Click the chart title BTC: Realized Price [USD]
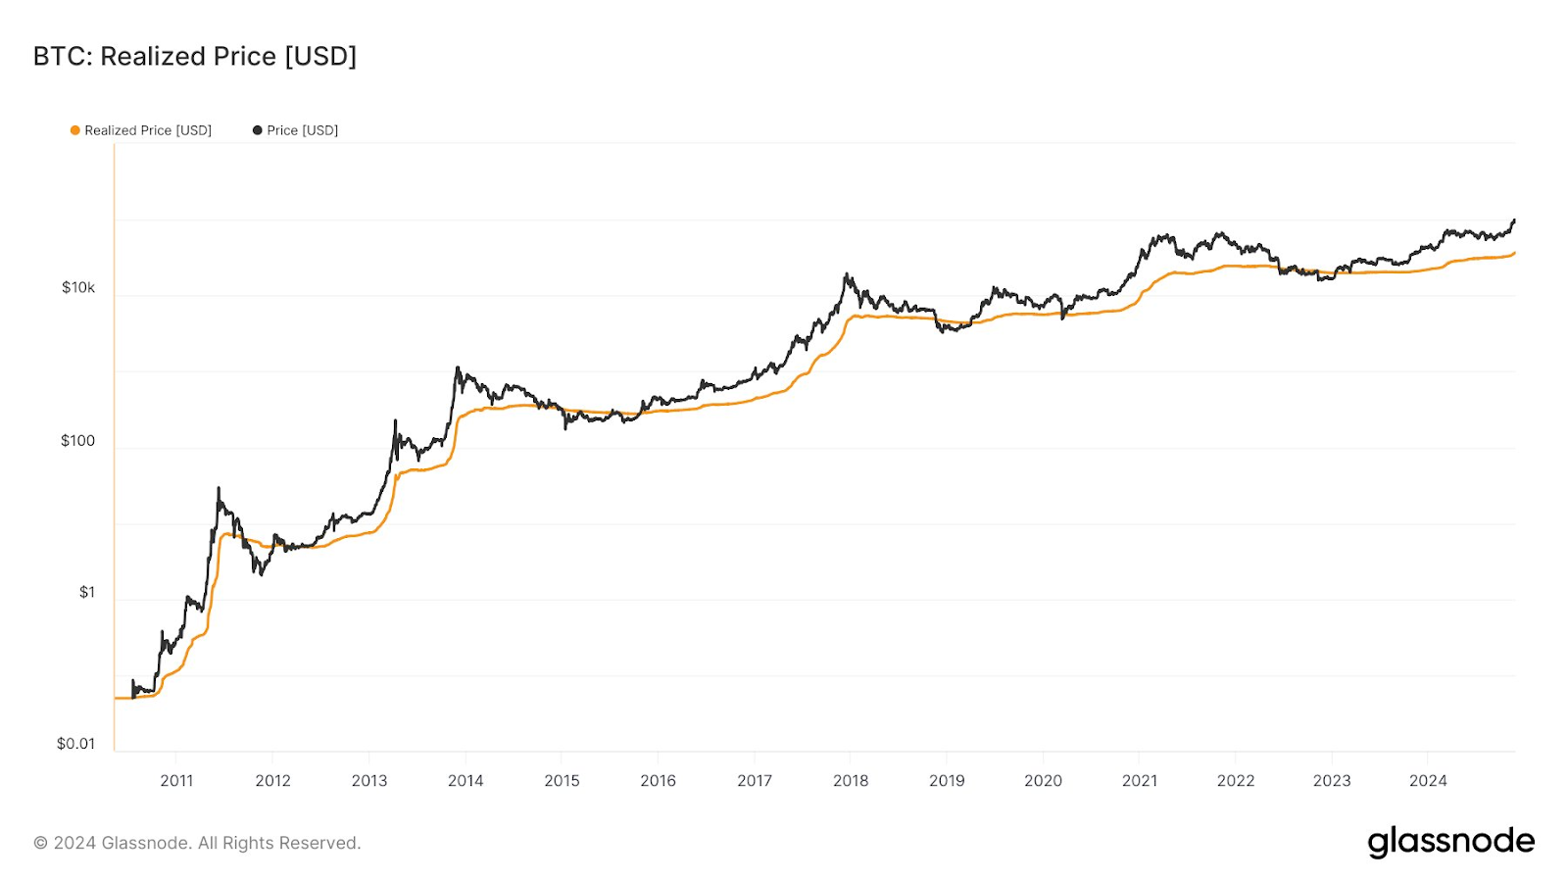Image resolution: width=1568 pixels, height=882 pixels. pos(195,57)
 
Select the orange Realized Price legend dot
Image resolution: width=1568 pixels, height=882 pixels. pos(74,130)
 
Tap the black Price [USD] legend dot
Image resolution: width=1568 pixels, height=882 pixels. pos(258,130)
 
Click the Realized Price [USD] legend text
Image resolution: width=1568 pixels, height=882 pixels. pos(148,130)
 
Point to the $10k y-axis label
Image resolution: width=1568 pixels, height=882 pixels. pos(78,287)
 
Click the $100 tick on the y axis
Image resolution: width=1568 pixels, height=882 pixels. pos(78,441)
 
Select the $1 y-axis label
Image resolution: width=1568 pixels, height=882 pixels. pos(87,592)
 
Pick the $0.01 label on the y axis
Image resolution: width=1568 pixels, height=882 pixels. pos(76,744)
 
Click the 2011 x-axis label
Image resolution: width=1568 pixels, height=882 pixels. pos(176,781)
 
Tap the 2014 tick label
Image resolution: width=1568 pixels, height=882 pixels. pos(465,781)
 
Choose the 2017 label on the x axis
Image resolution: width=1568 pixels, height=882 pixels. pos(755,781)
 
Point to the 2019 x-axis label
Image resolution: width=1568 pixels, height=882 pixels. pos(947,781)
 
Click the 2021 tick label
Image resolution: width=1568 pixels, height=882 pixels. pos(1140,781)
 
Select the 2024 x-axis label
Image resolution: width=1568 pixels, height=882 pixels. pos(1428,781)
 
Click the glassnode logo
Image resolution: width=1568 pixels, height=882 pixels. pos(1450,842)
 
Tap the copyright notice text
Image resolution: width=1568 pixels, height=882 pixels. pos(197,843)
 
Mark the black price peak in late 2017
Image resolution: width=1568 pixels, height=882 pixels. pos(847,275)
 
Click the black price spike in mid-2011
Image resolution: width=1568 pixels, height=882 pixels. pos(218,488)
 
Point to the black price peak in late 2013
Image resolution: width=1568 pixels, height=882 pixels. pos(457,368)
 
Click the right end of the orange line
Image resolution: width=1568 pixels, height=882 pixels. pos(1514,253)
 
